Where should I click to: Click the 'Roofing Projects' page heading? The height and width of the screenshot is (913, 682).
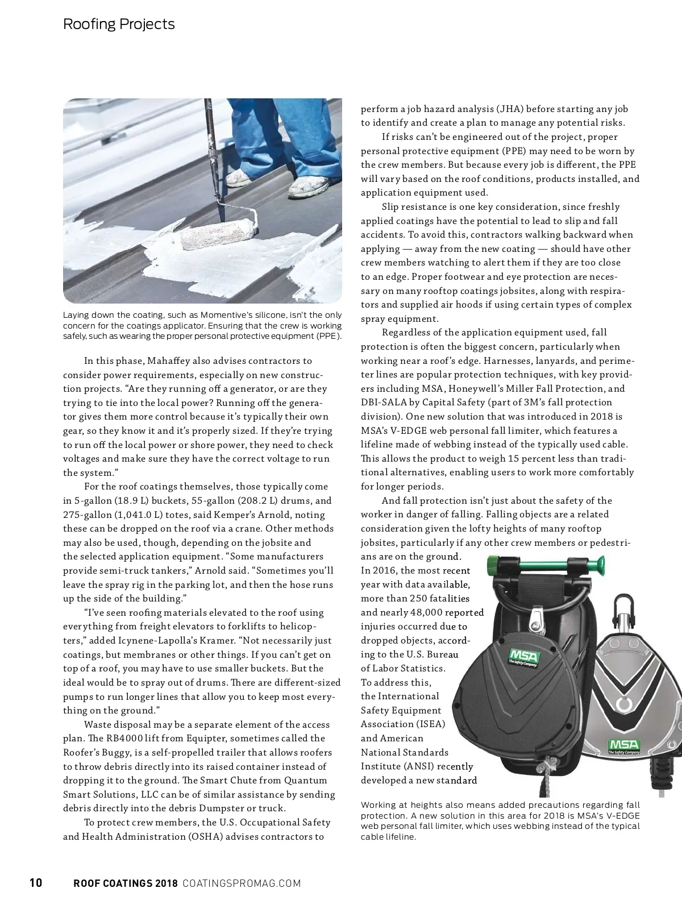click(119, 24)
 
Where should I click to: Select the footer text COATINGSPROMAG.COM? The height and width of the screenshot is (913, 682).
click(242, 883)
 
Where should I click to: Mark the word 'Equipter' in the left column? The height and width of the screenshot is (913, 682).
click(240, 738)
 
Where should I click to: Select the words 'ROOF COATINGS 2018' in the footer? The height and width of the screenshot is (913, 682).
click(126, 883)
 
